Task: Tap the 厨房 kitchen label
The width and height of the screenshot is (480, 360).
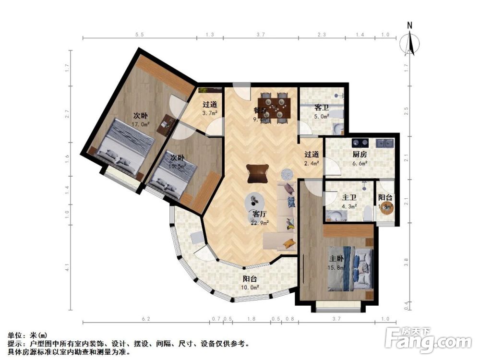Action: pyautogui.click(x=360, y=155)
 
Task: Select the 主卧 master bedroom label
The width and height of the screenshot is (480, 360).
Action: pyautogui.click(x=336, y=259)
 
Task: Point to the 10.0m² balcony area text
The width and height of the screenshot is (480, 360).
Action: pyautogui.click(x=250, y=288)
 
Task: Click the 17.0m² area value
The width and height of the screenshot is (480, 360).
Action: pyautogui.click(x=141, y=123)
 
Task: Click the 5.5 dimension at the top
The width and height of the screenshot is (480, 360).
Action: pyautogui.click(x=139, y=34)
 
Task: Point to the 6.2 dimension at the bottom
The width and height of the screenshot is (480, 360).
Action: pyautogui.click(x=146, y=319)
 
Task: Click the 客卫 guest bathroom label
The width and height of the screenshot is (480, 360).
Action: pyautogui.click(x=321, y=108)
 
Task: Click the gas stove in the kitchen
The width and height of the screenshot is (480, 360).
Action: pyautogui.click(x=360, y=143)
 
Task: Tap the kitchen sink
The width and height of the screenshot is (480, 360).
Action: pyautogui.click(x=385, y=143)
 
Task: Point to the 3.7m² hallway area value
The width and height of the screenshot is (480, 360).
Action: pyautogui.click(x=210, y=113)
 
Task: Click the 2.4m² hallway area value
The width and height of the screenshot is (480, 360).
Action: pyautogui.click(x=312, y=163)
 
